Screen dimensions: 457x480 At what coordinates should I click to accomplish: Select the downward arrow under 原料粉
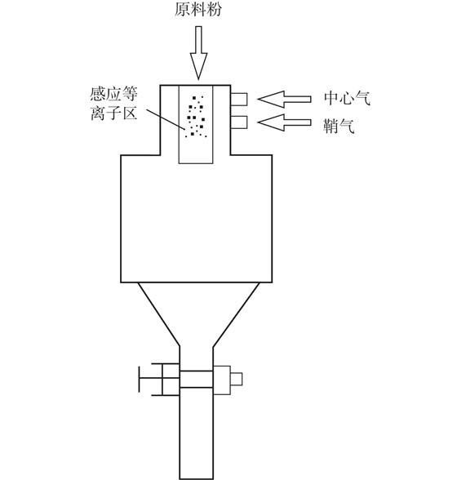(198, 52)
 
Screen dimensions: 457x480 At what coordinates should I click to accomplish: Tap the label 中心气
(347, 98)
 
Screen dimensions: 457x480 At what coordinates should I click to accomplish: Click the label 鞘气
(339, 126)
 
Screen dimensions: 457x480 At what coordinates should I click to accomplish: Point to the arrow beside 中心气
(284, 100)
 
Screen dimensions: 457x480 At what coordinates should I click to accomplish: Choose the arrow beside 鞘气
(284, 122)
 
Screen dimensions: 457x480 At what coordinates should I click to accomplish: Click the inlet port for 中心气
(239, 100)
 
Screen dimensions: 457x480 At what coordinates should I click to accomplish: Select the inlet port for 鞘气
(239, 122)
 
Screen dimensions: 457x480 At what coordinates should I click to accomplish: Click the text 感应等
(113, 94)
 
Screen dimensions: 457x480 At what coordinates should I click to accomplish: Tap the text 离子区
(113, 113)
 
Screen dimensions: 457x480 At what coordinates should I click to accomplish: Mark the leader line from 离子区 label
(166, 120)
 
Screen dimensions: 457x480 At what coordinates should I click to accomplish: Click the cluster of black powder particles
(196, 117)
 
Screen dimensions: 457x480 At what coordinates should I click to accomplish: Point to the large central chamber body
(196, 218)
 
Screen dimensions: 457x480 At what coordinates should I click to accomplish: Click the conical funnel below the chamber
(196, 314)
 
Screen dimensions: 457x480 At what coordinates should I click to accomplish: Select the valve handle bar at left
(140, 379)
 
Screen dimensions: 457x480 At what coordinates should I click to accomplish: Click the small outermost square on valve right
(236, 379)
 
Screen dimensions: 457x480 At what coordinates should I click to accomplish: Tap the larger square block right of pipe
(222, 380)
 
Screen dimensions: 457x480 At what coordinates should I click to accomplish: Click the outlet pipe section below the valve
(196, 433)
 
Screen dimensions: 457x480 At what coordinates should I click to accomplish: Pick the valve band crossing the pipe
(196, 380)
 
